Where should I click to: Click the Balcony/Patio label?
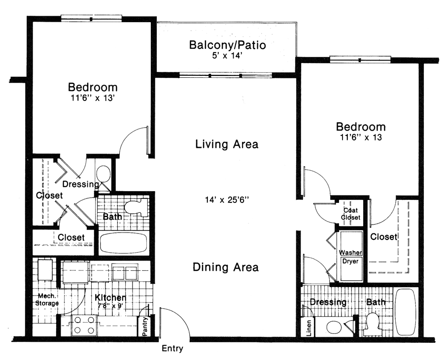[227, 45]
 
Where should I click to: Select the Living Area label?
[227, 144]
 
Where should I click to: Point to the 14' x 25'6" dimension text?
[227, 200]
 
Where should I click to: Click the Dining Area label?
[226, 267]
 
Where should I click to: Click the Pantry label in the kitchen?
[145, 327]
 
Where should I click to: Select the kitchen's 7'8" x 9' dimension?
[110, 306]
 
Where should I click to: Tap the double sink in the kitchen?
[125, 272]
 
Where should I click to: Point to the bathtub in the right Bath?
[406, 312]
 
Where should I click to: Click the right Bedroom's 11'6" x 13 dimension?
[361, 138]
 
